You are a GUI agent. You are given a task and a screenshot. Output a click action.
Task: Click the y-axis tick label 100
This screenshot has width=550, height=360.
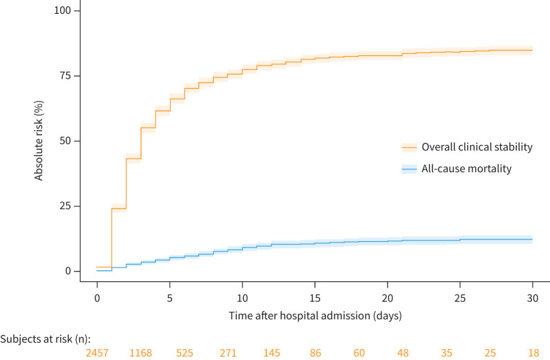click(x=62, y=10)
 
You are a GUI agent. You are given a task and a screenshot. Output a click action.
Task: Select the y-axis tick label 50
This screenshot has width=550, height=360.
click(x=65, y=141)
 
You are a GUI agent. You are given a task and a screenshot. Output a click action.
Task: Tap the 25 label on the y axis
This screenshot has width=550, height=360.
click(x=65, y=206)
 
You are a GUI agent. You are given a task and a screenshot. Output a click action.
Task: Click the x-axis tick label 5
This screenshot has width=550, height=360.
click(x=170, y=299)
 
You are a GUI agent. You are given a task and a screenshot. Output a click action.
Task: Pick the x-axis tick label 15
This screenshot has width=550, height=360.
click(x=315, y=299)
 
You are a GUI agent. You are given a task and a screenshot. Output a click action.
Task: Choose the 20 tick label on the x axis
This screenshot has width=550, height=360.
click(x=388, y=299)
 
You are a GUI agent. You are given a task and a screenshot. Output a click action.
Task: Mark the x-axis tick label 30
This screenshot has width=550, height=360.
click(x=533, y=299)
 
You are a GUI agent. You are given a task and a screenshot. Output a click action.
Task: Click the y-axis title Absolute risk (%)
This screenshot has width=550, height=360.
click(x=39, y=141)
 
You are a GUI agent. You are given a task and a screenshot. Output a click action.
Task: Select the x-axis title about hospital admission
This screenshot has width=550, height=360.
click(x=315, y=316)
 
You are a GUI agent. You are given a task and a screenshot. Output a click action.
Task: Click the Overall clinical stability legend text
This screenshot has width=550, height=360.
click(x=477, y=146)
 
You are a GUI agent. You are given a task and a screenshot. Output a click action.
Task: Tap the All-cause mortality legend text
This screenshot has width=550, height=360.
click(x=466, y=169)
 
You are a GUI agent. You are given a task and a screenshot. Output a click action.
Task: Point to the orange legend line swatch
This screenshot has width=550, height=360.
click(x=409, y=147)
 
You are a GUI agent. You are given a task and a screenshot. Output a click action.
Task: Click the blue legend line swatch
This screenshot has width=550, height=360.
click(x=409, y=169)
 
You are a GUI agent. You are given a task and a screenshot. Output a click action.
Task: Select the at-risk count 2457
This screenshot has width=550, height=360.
click(x=97, y=352)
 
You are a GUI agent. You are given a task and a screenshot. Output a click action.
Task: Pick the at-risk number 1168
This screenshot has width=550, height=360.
click(x=141, y=352)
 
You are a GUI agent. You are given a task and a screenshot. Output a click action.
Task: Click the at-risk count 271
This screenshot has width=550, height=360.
click(x=228, y=352)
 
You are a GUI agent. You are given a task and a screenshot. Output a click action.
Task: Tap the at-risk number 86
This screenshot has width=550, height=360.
click(x=315, y=352)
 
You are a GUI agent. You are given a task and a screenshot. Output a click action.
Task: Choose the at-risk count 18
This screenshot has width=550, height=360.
click(x=533, y=352)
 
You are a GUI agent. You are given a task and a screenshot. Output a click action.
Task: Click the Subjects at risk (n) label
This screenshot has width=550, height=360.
click(x=45, y=339)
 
